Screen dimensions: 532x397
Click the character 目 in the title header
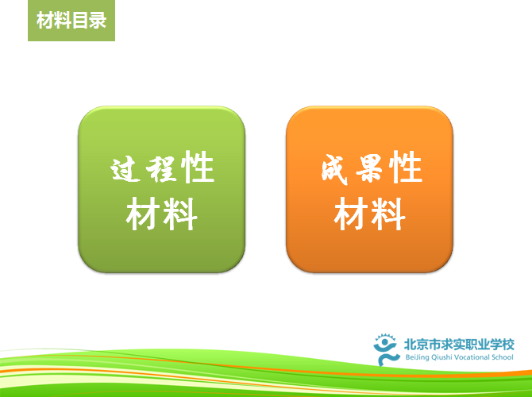coord(80,21)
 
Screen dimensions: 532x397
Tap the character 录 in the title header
coord(98,21)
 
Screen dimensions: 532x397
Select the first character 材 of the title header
coord(45,21)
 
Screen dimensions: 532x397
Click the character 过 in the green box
coord(125,168)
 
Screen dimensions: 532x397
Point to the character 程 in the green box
coord(161,168)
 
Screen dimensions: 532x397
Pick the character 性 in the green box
coord(198,168)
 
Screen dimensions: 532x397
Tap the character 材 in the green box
coord(143,214)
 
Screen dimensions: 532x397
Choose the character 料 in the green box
coord(179,214)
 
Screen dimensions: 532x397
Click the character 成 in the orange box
coord(334,169)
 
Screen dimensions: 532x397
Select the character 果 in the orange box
coord(370,168)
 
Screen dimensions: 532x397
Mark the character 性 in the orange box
coord(406,168)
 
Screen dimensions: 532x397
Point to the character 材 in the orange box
coord(351,214)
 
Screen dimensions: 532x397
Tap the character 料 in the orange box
coord(388,214)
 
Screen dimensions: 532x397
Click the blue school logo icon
coord(385,349)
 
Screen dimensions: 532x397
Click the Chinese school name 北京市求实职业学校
coord(459,345)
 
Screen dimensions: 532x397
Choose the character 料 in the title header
coord(63,21)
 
